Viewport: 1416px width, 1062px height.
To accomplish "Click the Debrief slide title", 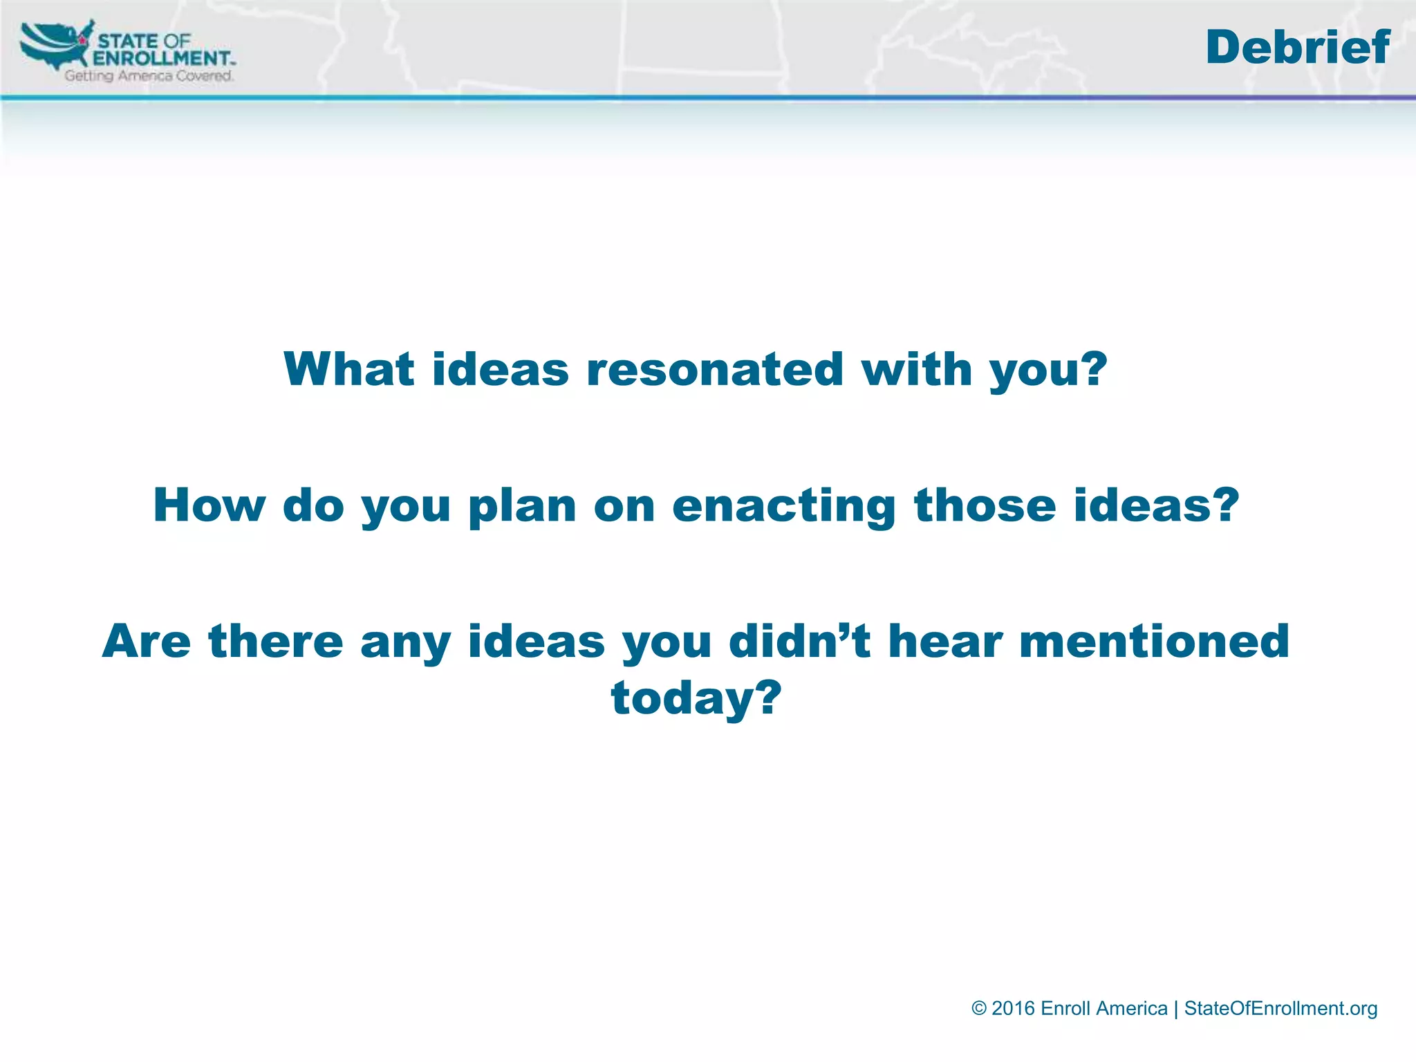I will [x=1297, y=48].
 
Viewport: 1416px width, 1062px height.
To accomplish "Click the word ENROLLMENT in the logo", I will [x=162, y=58].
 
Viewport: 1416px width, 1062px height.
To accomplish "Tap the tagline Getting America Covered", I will [x=149, y=76].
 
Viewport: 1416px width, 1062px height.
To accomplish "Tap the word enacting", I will [x=784, y=506].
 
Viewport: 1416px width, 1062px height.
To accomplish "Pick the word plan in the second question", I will [x=522, y=506].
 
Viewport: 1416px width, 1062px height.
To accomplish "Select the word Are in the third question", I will [x=146, y=641].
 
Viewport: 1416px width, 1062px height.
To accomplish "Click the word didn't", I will [x=799, y=641].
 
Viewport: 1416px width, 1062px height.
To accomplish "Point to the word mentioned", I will [x=1154, y=641].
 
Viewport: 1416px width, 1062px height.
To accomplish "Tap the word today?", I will [x=696, y=698].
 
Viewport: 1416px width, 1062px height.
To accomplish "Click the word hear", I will [x=944, y=641].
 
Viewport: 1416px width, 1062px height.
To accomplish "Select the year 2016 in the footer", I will [x=1013, y=1009].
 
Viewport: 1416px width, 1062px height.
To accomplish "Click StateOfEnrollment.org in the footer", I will [x=1280, y=1009].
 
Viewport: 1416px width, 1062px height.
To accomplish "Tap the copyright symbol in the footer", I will [x=979, y=1009].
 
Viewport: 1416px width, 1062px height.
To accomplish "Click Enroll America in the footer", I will [x=1103, y=1009].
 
